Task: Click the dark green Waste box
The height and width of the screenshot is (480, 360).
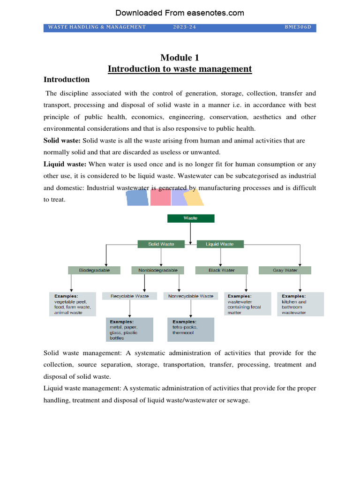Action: click(x=191, y=218)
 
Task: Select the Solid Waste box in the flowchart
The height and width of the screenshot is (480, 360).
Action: click(x=161, y=244)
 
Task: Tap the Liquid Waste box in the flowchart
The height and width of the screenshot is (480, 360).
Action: click(x=220, y=244)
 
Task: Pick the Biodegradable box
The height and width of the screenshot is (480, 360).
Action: click(x=94, y=270)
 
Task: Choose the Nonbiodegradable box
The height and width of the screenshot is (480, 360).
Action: click(x=161, y=270)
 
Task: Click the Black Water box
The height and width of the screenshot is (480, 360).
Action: click(x=222, y=270)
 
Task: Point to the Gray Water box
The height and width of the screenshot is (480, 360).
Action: click(x=285, y=270)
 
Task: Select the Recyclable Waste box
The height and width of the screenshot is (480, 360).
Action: click(x=130, y=296)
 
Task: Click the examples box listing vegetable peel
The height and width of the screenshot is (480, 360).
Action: click(x=73, y=304)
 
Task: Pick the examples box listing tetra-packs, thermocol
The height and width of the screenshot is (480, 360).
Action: click(x=191, y=329)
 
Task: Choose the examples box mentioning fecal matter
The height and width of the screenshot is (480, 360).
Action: click(x=247, y=304)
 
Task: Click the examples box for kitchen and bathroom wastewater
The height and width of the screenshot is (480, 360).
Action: click(x=300, y=304)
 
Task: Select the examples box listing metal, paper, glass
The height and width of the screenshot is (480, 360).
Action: click(x=130, y=329)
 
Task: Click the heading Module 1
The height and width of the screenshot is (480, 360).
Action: click(x=180, y=58)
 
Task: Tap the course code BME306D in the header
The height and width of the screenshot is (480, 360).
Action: click(x=298, y=27)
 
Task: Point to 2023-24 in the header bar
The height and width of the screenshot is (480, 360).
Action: click(x=184, y=27)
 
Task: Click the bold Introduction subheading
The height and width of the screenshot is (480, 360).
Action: click(x=67, y=79)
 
